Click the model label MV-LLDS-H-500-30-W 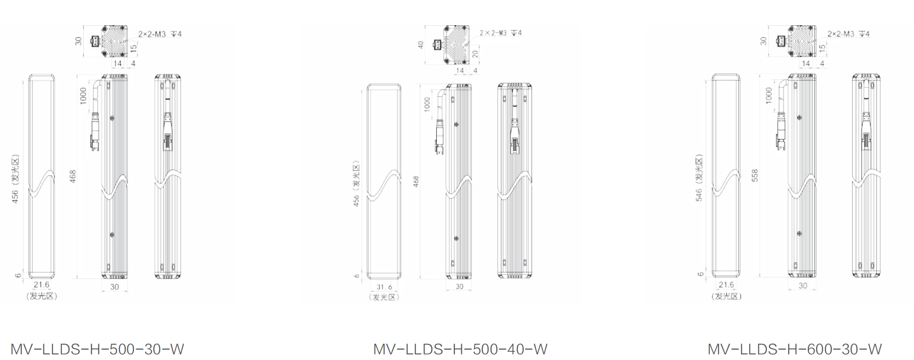(97, 349)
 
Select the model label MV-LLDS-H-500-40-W (460, 349)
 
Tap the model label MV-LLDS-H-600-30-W (795, 349)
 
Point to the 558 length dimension (755, 175)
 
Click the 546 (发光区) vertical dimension (699, 178)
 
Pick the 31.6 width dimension (384, 287)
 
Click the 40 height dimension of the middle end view (421, 44)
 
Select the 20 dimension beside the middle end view (475, 54)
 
